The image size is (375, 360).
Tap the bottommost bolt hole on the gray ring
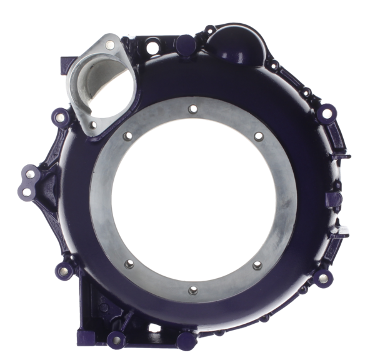[x=192, y=289]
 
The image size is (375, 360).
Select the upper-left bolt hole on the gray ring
[x=128, y=136]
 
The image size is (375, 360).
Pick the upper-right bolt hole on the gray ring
[x=257, y=136]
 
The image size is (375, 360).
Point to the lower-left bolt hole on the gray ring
[x=128, y=263]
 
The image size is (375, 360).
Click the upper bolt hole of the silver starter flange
[x=111, y=44]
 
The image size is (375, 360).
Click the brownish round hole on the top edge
[x=152, y=45]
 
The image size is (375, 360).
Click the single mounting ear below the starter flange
[x=60, y=117]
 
